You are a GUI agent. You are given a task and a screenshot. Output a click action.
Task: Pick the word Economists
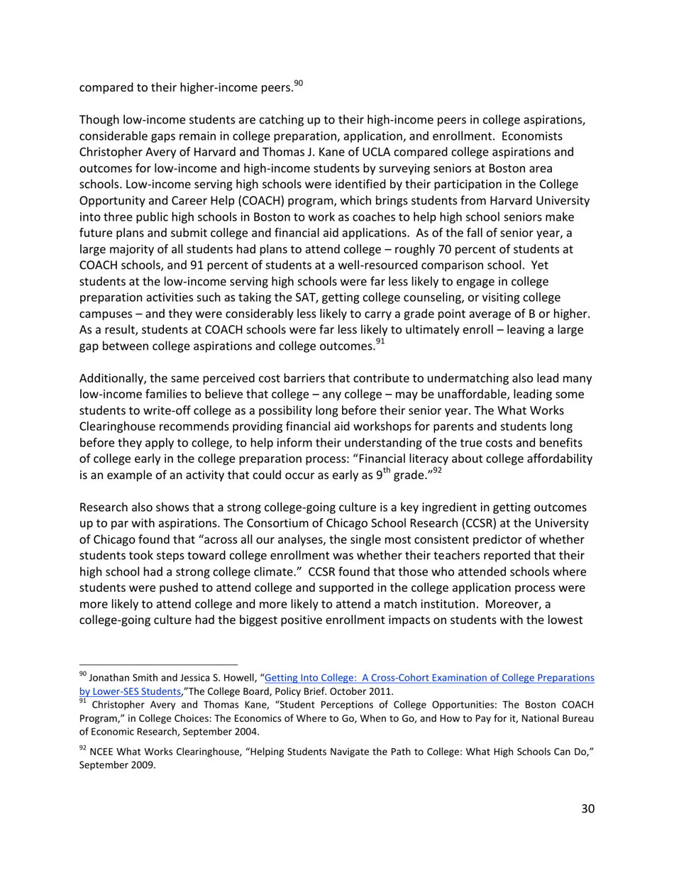[554, 135]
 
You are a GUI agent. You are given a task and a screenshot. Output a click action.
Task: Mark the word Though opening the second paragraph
[99, 119]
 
